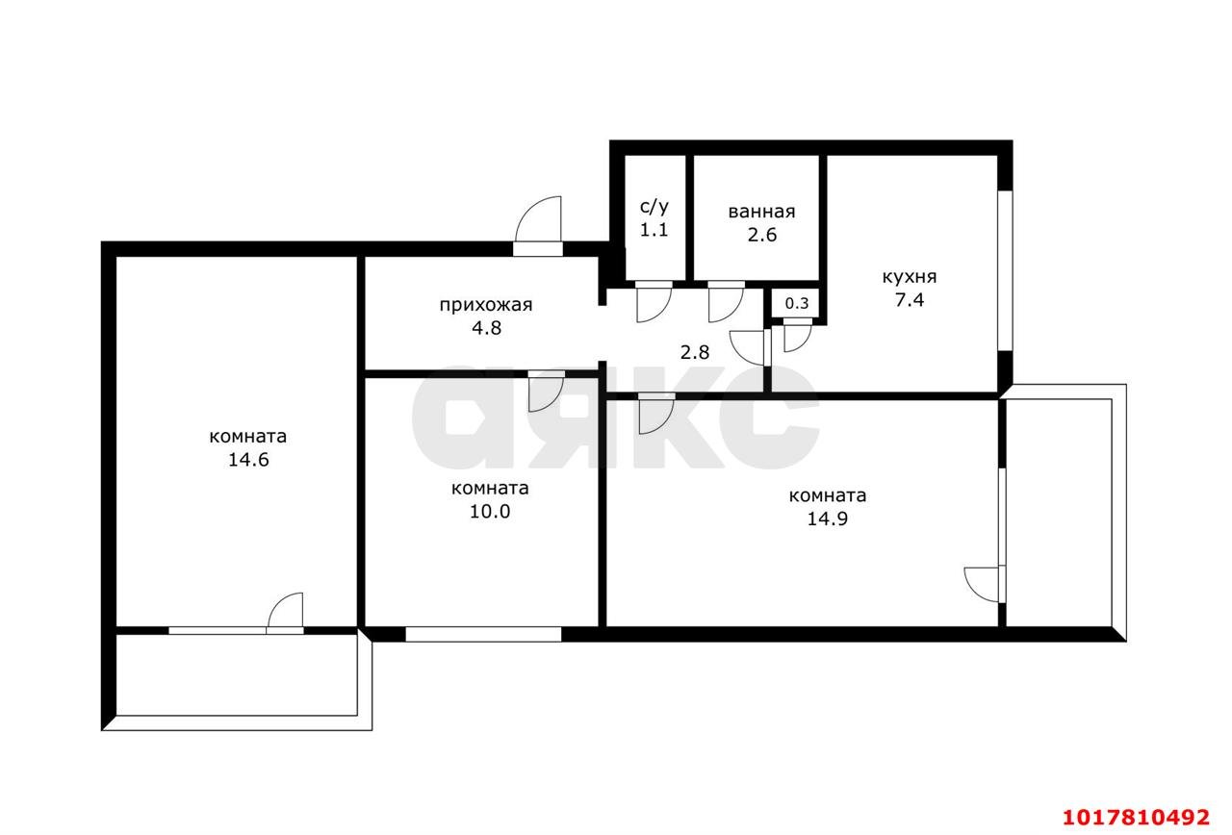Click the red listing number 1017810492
tap(1137, 817)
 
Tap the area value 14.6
tap(248, 460)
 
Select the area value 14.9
tap(827, 519)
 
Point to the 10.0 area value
tap(490, 511)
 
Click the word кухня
tap(910, 277)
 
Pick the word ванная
tap(761, 212)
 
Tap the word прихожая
tap(486, 305)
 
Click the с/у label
tap(654, 207)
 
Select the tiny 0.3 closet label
tap(796, 303)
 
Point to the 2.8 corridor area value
tap(695, 352)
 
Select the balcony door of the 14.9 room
tap(984, 584)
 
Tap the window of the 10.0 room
tap(483, 634)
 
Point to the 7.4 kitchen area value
tap(910, 300)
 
